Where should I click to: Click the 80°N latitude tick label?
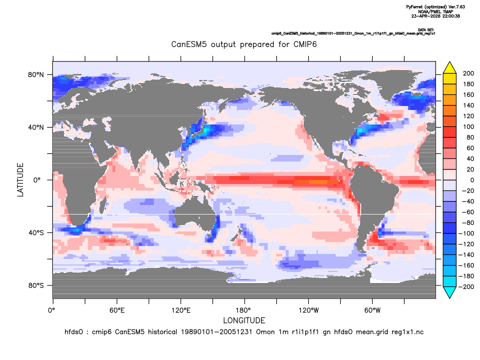click(x=36, y=75)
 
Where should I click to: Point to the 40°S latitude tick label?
click(x=36, y=233)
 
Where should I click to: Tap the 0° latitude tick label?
click(x=37, y=180)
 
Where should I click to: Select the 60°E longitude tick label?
click(x=117, y=310)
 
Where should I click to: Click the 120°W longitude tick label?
click(x=309, y=310)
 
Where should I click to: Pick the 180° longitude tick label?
click(x=245, y=310)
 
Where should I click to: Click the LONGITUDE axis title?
click(x=244, y=320)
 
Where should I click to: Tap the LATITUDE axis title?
click(x=20, y=180)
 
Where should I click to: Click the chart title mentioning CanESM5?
click(x=244, y=44)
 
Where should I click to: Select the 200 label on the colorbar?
click(x=469, y=73)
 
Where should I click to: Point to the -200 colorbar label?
click(x=466, y=287)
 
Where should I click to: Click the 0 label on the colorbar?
click(x=472, y=180)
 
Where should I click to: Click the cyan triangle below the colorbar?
click(x=450, y=292)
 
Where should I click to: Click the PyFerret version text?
click(x=436, y=6)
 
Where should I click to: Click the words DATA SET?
click(x=426, y=29)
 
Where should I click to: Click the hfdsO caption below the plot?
click(x=244, y=332)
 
